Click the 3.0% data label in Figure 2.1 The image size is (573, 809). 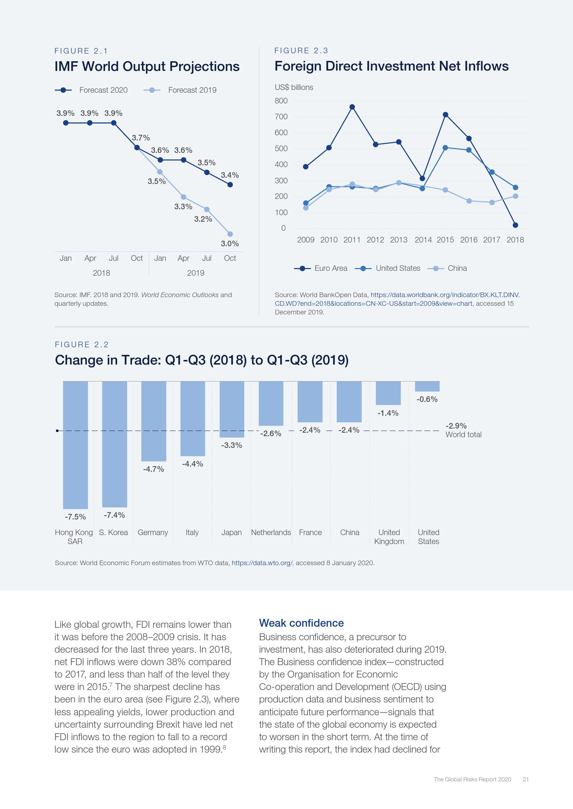(x=230, y=243)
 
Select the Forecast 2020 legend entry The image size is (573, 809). (x=91, y=90)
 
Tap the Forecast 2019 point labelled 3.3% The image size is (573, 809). (x=184, y=197)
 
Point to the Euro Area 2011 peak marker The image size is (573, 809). (x=352, y=107)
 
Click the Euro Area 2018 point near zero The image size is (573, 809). (x=515, y=225)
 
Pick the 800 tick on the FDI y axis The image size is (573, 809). (x=281, y=101)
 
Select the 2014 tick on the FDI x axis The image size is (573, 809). (x=423, y=240)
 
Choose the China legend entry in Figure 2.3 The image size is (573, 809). (x=447, y=268)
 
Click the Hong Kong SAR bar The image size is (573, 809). (x=76, y=445)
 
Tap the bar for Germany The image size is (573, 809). (x=153, y=421)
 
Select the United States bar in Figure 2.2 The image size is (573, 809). (x=427, y=386)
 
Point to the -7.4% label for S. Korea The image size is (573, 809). (x=114, y=515)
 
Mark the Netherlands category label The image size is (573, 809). (x=271, y=532)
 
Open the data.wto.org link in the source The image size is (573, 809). (x=262, y=563)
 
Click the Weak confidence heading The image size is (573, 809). (x=301, y=623)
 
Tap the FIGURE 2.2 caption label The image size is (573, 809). (x=82, y=344)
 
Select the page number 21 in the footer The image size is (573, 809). (x=526, y=779)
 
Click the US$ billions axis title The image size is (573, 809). (x=294, y=88)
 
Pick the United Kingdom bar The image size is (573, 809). (x=388, y=393)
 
